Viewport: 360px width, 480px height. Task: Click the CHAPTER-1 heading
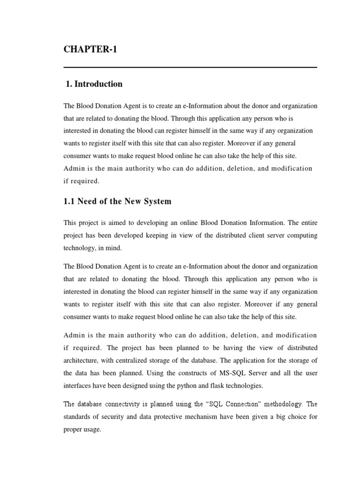click(90, 50)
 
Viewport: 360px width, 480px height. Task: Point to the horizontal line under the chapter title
click(190, 68)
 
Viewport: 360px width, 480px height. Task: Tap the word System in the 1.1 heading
click(156, 202)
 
